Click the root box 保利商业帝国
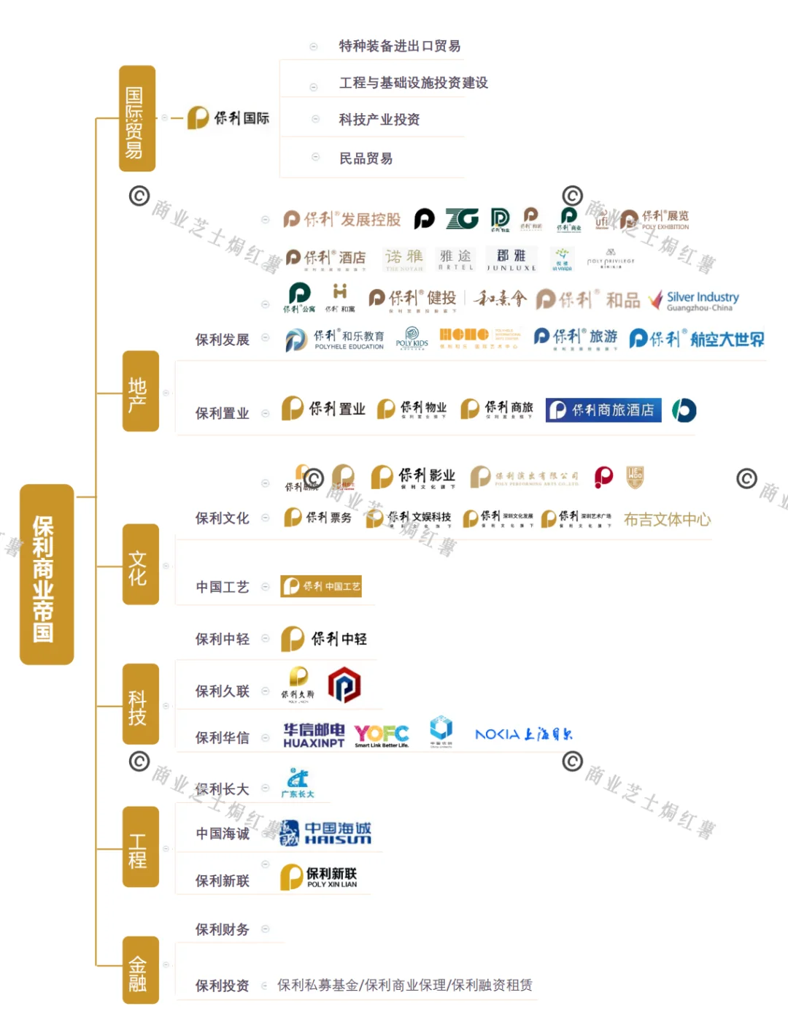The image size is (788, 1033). pyautogui.click(x=46, y=574)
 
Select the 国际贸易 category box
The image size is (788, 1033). pyautogui.click(x=137, y=119)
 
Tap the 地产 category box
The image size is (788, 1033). pyautogui.click(x=140, y=391)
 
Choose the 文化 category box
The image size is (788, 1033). pyautogui.click(x=140, y=564)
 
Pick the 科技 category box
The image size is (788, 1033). pyautogui.click(x=140, y=704)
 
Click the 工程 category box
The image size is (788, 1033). pyautogui.click(x=140, y=847)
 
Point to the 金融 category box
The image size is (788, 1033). pyautogui.click(x=140, y=970)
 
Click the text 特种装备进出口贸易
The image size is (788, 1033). pyautogui.click(x=399, y=46)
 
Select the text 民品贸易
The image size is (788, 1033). pyautogui.click(x=366, y=158)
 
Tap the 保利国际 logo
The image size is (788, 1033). pyautogui.click(x=229, y=118)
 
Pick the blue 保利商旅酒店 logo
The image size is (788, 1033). pyautogui.click(x=603, y=410)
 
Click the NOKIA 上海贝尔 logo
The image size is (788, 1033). pyautogui.click(x=523, y=734)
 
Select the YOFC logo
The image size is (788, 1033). pyautogui.click(x=382, y=734)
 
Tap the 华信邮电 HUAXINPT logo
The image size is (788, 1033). pyautogui.click(x=314, y=734)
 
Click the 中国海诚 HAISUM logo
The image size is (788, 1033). pyautogui.click(x=326, y=833)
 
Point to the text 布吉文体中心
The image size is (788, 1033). pyautogui.click(x=667, y=520)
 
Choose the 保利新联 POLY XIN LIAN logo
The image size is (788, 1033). pyautogui.click(x=320, y=877)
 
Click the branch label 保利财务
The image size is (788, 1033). pyautogui.click(x=222, y=929)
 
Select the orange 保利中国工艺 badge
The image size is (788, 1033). pyautogui.click(x=321, y=586)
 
